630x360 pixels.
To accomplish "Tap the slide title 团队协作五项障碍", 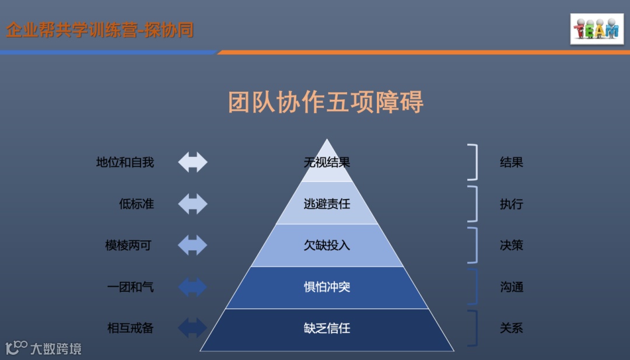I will point(325,102).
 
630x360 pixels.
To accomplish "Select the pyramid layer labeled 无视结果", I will point(327,163).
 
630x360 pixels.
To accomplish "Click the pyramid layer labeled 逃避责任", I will point(327,204).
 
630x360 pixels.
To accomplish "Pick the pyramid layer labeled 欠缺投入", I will point(327,246).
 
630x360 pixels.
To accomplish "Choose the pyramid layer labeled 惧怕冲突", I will point(327,287).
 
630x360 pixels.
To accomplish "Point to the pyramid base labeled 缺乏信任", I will point(327,328).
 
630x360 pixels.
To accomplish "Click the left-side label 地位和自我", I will point(125,163).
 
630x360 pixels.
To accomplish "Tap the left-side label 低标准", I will point(136,204).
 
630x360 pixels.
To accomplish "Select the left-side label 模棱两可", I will point(128,246).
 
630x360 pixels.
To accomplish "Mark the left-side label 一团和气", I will point(130,287).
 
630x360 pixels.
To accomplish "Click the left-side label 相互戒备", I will point(130,328).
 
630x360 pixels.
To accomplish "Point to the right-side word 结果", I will point(511,163).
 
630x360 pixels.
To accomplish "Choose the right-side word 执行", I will point(511,204).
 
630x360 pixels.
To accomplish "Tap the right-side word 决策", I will point(511,246).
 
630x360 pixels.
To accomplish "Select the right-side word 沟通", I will point(511,287).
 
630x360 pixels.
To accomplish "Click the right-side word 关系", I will point(511,328).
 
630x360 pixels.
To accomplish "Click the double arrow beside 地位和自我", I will point(192,162).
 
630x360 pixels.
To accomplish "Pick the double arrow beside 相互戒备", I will point(192,328).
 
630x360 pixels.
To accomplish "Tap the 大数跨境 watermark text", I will point(56,349).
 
